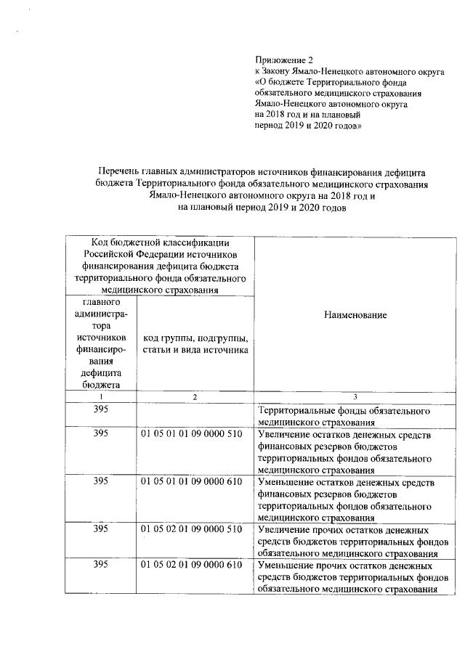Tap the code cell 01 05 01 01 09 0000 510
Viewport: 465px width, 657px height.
[x=191, y=433]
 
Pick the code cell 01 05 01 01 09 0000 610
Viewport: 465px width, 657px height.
[x=191, y=483]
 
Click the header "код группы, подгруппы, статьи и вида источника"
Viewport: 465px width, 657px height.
[x=196, y=344]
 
